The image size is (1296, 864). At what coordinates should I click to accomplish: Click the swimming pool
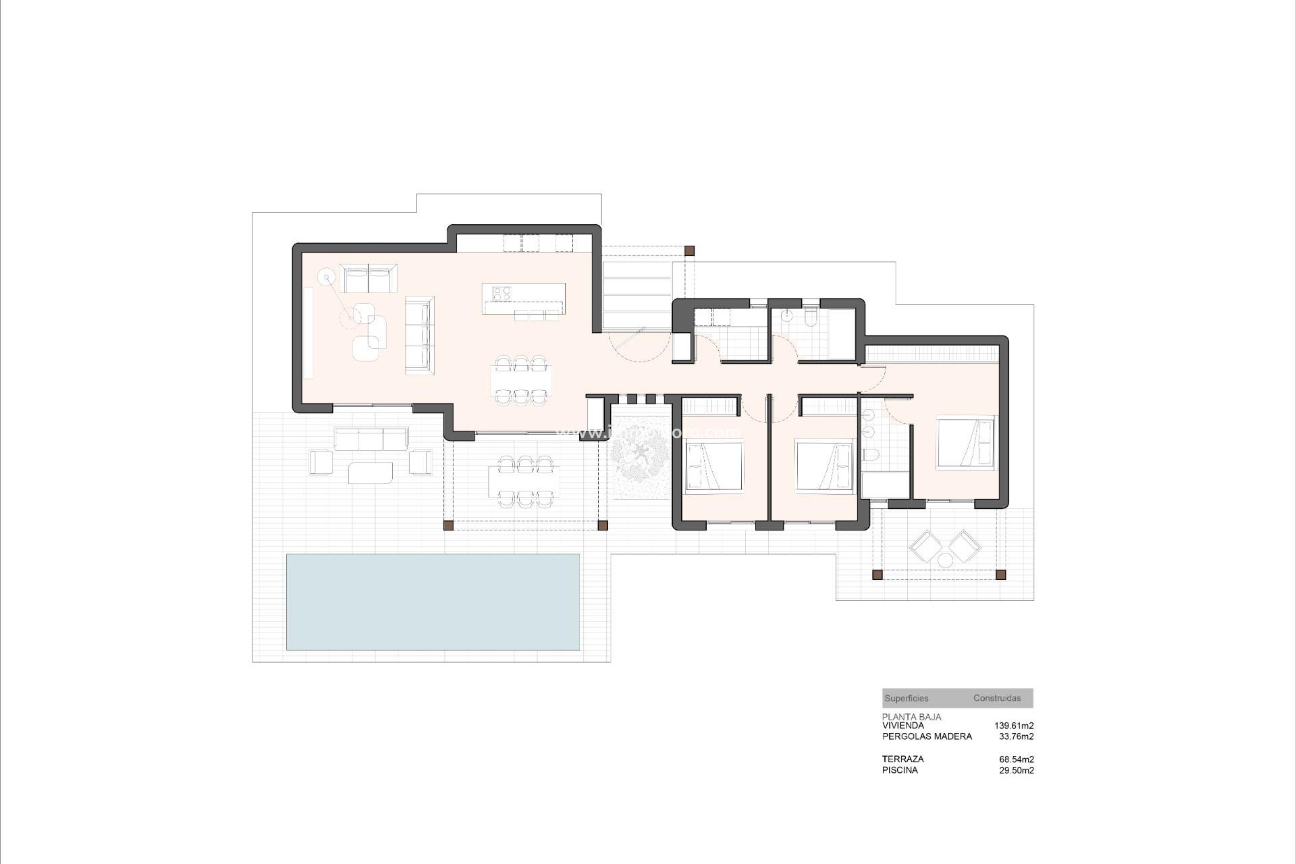tap(433, 601)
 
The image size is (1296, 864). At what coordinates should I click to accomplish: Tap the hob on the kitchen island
tap(501, 293)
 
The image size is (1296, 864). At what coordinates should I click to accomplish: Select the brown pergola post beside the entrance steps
tap(689, 250)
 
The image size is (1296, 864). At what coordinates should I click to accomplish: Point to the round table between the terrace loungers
tap(944, 559)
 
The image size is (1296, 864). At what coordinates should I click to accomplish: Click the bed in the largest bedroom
tap(965, 443)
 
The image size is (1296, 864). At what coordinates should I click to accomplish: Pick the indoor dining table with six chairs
tap(520, 381)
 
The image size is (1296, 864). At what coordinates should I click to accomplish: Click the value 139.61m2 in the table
tap(1013, 726)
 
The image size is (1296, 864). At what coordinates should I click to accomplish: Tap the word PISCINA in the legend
tap(900, 770)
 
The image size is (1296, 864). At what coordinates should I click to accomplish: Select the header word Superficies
tap(906, 699)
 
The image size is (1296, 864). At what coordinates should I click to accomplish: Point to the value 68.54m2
tap(1016, 759)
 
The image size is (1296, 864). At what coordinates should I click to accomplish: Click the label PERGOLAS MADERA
tap(927, 736)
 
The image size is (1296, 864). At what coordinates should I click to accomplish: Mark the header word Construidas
tap(996, 699)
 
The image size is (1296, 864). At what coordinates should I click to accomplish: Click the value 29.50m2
tap(1016, 770)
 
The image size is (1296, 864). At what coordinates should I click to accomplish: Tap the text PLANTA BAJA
tap(911, 717)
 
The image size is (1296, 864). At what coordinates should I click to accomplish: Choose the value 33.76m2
tap(1016, 736)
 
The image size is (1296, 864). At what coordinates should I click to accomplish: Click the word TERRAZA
tap(902, 759)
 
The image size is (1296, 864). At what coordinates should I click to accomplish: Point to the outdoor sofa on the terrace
tap(371, 439)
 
